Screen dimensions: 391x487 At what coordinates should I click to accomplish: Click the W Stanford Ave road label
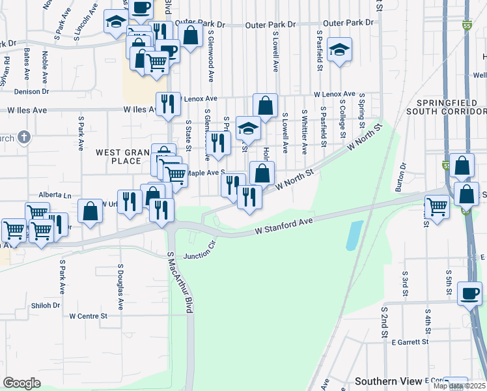284,225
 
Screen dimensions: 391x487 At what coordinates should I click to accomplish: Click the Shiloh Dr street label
46,305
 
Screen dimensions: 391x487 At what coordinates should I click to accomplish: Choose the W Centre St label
88,316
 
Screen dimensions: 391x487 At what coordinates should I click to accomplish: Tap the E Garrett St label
410,341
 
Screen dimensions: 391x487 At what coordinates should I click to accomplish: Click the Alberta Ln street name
55,195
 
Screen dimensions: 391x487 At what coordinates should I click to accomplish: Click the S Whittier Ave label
304,132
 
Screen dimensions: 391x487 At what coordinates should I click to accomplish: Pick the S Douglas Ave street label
120,286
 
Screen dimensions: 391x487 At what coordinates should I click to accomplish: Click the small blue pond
353,235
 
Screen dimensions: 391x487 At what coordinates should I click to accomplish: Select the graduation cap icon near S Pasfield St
339,50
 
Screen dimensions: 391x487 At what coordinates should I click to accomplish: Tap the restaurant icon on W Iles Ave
168,104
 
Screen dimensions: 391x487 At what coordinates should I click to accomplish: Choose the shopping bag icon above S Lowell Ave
265,105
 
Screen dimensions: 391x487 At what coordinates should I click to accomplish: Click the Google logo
21,383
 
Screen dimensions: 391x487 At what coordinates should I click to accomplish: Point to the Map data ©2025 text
459,386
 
